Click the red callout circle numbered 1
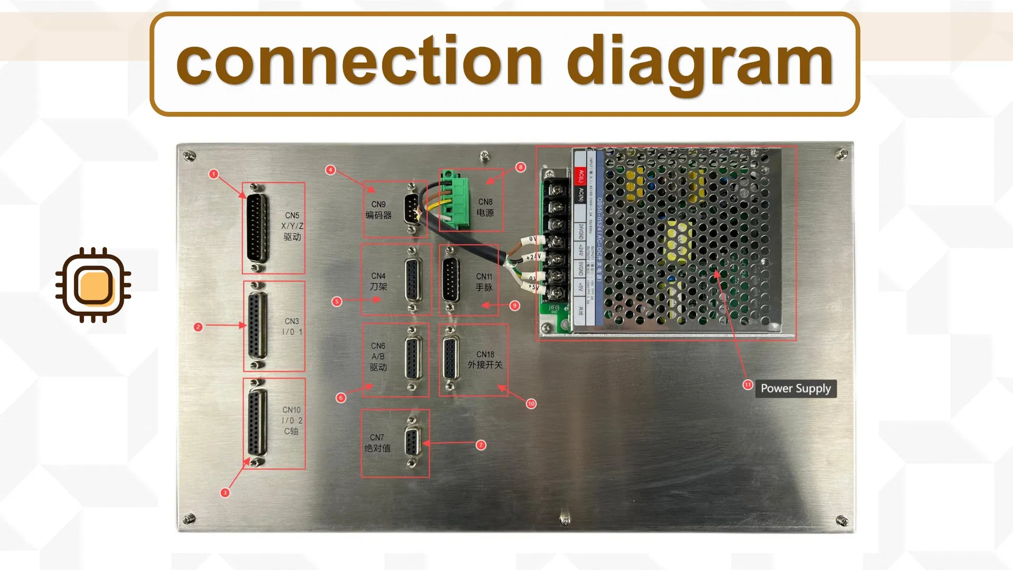pos(213,174)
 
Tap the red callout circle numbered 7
pos(481,445)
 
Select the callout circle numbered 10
pos(531,404)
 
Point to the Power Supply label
pos(796,388)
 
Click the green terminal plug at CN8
pos(455,199)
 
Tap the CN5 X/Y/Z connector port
pos(257,227)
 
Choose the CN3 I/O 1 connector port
pos(257,326)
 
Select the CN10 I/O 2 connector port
pos(257,423)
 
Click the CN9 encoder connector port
pos(412,209)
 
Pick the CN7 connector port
pos(412,442)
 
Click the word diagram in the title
pos(700,62)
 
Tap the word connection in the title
pos(359,62)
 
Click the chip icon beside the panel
pos(93,285)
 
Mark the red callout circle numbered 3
pos(225,492)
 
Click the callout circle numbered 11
pos(748,385)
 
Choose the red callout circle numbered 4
pos(330,169)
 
